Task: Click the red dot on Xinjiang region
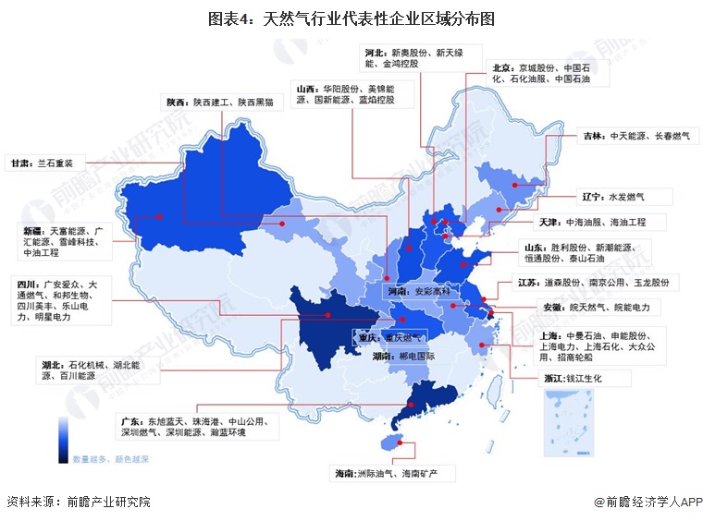click(x=160, y=217)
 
